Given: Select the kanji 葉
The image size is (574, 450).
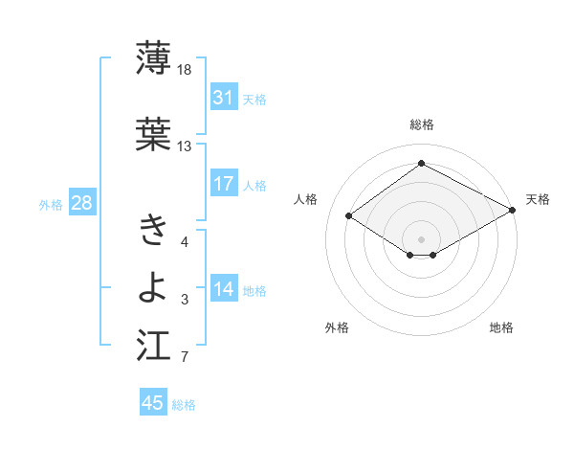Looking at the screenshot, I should pyautogui.click(x=153, y=134).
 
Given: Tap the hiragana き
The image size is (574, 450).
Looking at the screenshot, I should pyautogui.click(x=153, y=230).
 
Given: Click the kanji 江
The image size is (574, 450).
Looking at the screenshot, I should pyautogui.click(x=153, y=345).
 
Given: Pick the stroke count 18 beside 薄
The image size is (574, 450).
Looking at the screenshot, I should pyautogui.click(x=185, y=70).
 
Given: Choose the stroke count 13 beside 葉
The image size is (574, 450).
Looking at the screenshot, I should pyautogui.click(x=185, y=146).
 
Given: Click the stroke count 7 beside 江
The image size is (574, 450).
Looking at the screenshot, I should pyautogui.click(x=185, y=358).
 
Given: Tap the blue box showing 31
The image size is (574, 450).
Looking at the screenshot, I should pyautogui.click(x=224, y=98).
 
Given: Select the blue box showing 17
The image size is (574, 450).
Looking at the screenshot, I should pyautogui.click(x=224, y=184).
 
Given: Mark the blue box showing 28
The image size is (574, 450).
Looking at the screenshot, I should pyautogui.click(x=81, y=203).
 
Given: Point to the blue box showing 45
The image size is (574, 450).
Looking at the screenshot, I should pyautogui.click(x=153, y=403).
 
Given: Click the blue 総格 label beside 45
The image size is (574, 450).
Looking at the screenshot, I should pyautogui.click(x=184, y=405).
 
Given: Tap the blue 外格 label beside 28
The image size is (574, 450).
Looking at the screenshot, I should pyautogui.click(x=51, y=204).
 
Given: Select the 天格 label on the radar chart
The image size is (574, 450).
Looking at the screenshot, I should pyautogui.click(x=538, y=199).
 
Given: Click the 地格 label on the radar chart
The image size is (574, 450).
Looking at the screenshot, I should pyautogui.click(x=501, y=327).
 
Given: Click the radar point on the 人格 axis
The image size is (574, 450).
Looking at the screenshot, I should pyautogui.click(x=349, y=216).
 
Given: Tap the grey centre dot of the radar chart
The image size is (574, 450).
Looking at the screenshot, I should pyautogui.click(x=421, y=237).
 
